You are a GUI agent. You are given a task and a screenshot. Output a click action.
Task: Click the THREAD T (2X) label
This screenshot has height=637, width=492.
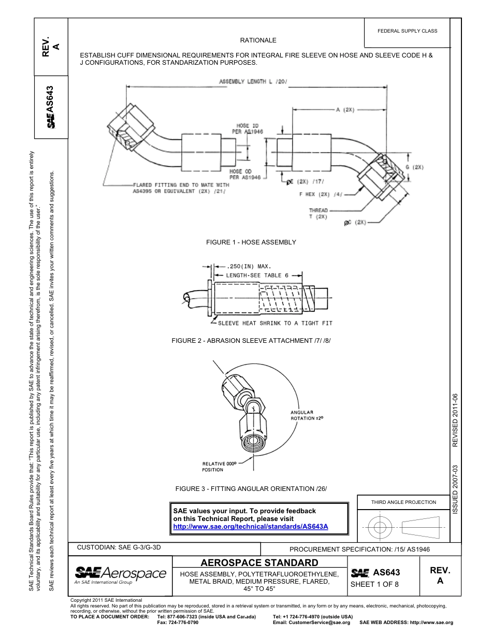(x=318, y=213)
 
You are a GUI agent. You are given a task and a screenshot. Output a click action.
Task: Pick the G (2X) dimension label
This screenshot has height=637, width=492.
(x=414, y=167)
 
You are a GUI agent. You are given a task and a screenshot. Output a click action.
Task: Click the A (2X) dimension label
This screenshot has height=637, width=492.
(x=345, y=110)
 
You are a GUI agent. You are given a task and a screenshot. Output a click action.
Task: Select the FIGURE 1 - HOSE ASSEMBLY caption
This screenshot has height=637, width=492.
(x=251, y=242)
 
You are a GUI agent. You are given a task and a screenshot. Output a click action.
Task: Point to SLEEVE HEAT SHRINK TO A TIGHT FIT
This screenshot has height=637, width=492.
(x=274, y=323)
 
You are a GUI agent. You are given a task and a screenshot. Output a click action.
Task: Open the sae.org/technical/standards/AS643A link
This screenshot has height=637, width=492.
(x=251, y=527)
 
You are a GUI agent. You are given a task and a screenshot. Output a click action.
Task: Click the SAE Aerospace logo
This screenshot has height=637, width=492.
(x=120, y=574)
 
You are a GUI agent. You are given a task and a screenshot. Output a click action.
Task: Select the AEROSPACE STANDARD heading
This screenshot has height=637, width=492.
(x=259, y=563)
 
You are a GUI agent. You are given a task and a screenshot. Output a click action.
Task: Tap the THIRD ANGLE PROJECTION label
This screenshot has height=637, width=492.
(x=403, y=502)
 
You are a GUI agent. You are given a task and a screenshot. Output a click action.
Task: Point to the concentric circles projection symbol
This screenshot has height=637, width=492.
(x=380, y=528)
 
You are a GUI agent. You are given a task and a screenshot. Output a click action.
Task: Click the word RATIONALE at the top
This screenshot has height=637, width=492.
(x=258, y=40)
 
